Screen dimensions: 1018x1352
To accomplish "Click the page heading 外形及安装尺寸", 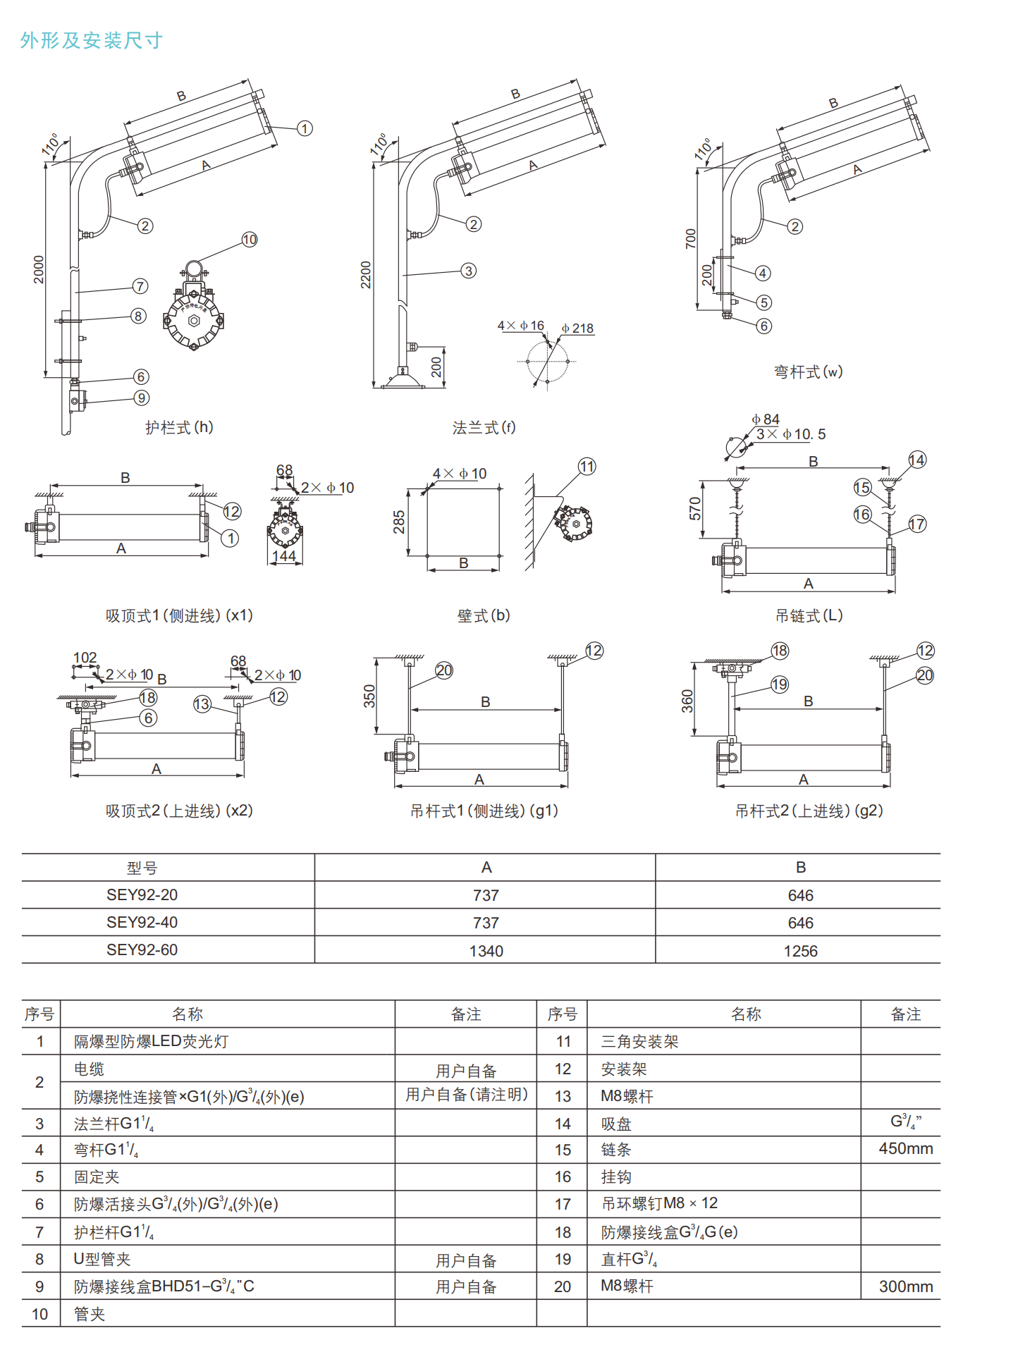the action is tap(91, 40).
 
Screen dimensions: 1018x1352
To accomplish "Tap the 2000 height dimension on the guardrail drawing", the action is tap(39, 269).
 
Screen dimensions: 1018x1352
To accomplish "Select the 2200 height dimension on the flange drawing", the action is tap(366, 275).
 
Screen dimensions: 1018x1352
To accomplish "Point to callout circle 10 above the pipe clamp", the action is tap(250, 240).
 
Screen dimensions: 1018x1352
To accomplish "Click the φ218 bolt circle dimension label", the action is tap(578, 328).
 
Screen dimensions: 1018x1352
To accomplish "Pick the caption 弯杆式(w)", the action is tap(809, 371).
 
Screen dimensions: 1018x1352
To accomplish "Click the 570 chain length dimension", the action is tap(695, 508).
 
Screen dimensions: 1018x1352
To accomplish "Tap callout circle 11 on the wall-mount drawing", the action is tap(587, 467).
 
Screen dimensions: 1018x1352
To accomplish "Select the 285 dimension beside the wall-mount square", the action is tap(399, 522).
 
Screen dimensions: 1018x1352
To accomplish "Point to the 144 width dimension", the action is tap(284, 555).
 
